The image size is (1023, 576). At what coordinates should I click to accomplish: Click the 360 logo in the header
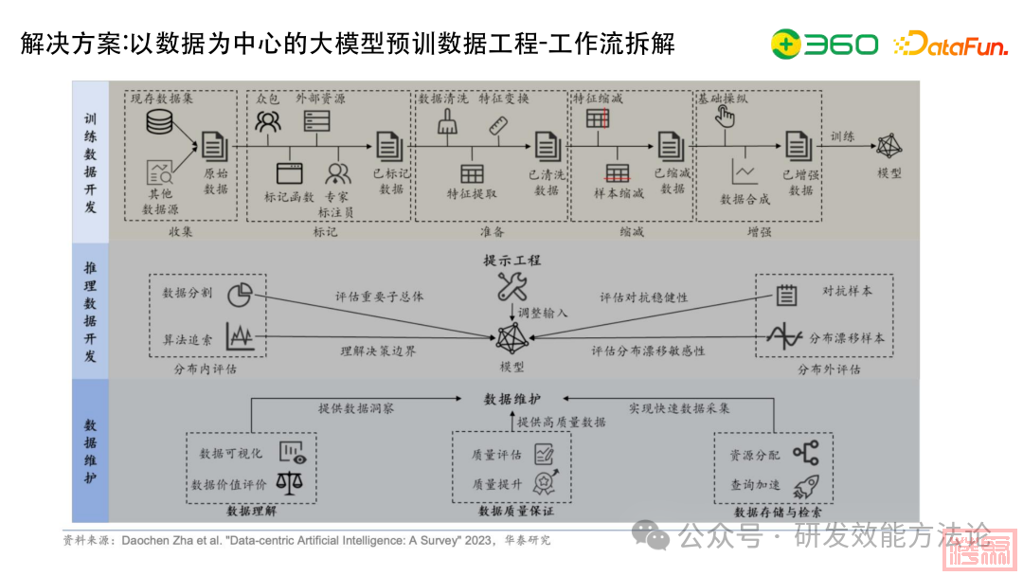[824, 44]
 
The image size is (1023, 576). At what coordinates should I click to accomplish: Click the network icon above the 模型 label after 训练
[889, 145]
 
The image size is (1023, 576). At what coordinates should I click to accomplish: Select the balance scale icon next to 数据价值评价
[289, 483]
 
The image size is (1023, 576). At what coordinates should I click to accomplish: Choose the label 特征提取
[472, 193]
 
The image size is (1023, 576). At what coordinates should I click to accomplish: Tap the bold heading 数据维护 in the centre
[511, 399]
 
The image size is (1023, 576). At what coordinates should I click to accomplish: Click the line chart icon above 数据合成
[744, 171]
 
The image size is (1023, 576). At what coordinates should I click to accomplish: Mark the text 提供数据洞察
[356, 408]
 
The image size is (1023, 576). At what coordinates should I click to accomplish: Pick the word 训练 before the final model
[842, 136]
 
